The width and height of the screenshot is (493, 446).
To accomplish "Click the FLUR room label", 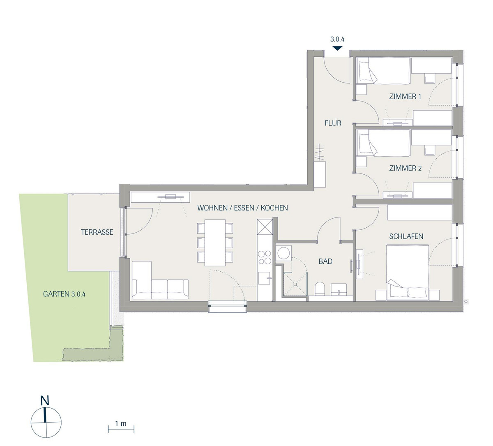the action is point(333,123).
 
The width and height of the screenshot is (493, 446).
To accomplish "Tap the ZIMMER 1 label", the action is point(405,97).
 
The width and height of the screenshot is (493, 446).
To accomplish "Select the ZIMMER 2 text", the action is point(405,168).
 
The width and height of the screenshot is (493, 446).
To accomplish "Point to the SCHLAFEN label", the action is point(406,236).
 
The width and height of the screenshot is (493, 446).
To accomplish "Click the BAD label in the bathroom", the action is point(325,261).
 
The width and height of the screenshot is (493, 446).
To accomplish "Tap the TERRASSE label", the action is point(97,232).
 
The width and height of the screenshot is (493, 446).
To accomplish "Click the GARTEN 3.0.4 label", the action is point(64,294).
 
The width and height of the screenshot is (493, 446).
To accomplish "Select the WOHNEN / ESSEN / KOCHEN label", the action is point(242,208).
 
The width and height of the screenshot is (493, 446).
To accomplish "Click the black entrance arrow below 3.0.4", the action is point(337,48).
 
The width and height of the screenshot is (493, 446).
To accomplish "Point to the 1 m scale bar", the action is point(121,429).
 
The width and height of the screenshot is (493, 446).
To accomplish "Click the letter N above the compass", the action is point(45,400).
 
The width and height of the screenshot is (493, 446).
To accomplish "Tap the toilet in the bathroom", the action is point(320,289).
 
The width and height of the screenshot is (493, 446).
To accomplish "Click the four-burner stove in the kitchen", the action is point(265,257).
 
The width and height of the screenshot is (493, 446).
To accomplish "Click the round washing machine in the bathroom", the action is point(283,252).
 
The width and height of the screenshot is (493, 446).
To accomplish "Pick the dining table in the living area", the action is point(215,243).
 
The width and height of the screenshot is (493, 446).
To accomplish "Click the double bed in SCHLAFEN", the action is point(408,272).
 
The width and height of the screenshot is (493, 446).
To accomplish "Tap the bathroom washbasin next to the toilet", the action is point(339,289).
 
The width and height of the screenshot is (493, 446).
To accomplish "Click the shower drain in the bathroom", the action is point(295,284).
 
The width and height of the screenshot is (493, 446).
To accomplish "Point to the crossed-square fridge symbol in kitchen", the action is point(265,227).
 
